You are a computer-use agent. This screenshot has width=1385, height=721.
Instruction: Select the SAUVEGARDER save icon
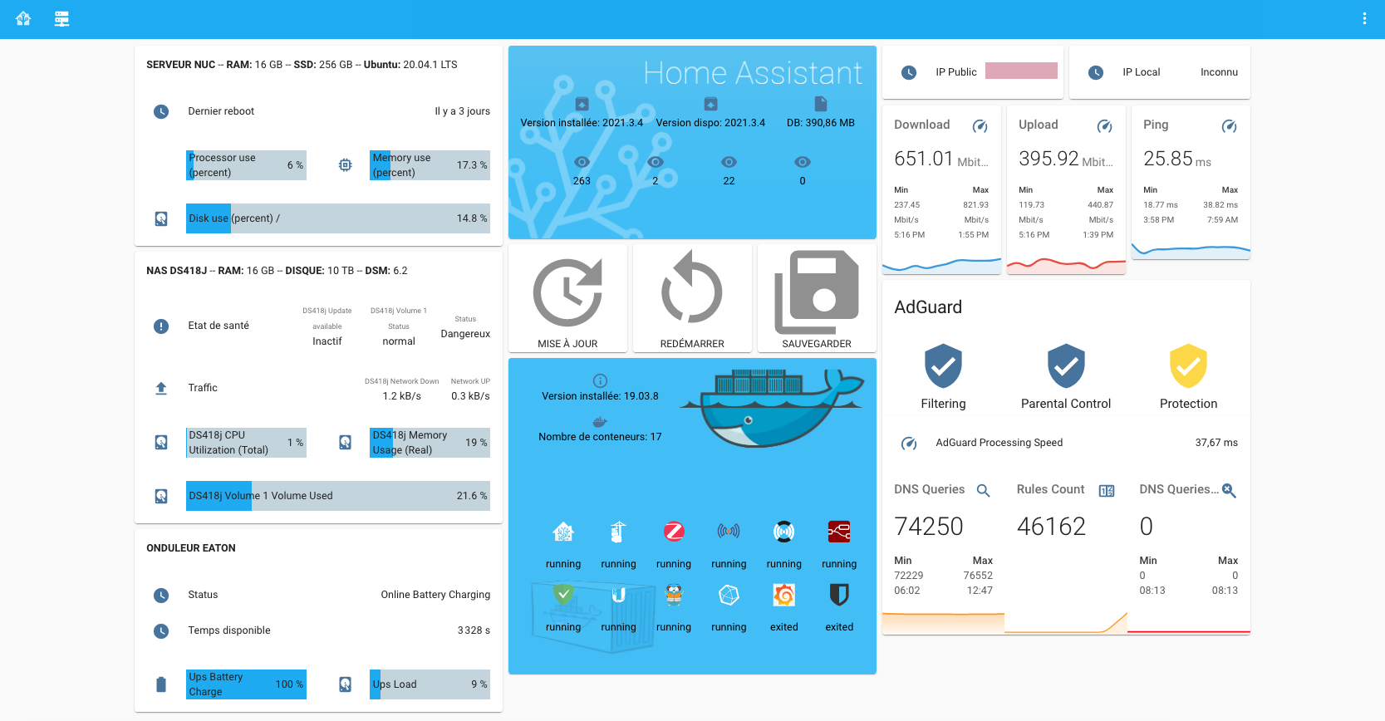tap(816, 292)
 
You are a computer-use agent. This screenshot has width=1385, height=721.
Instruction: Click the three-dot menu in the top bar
tap(1364, 18)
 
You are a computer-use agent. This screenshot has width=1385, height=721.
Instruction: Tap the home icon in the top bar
tap(23, 18)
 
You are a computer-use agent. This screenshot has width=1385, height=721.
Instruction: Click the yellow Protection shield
tap(1188, 366)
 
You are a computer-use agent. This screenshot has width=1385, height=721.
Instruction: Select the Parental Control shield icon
tap(1066, 366)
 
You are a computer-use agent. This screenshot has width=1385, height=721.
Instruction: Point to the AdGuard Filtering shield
tap(943, 366)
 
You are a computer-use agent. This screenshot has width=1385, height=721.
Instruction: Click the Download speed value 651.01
tap(923, 159)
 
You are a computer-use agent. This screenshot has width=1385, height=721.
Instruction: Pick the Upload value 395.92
tap(1049, 159)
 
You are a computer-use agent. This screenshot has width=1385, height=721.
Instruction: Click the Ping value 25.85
tap(1167, 159)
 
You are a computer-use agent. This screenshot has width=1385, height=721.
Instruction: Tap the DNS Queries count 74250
tap(928, 527)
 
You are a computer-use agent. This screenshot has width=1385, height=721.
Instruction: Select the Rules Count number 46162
tap(1051, 527)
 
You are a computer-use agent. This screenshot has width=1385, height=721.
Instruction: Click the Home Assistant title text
tap(753, 73)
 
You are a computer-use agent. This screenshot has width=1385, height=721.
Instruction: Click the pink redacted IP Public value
tap(1021, 71)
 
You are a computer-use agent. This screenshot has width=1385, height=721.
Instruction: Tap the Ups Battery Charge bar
tap(246, 684)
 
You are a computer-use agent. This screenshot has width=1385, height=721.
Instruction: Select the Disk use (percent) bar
tap(337, 218)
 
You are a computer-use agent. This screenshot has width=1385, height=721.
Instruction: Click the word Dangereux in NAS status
tap(465, 334)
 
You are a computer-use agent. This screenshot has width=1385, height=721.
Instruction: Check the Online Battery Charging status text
tap(435, 595)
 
